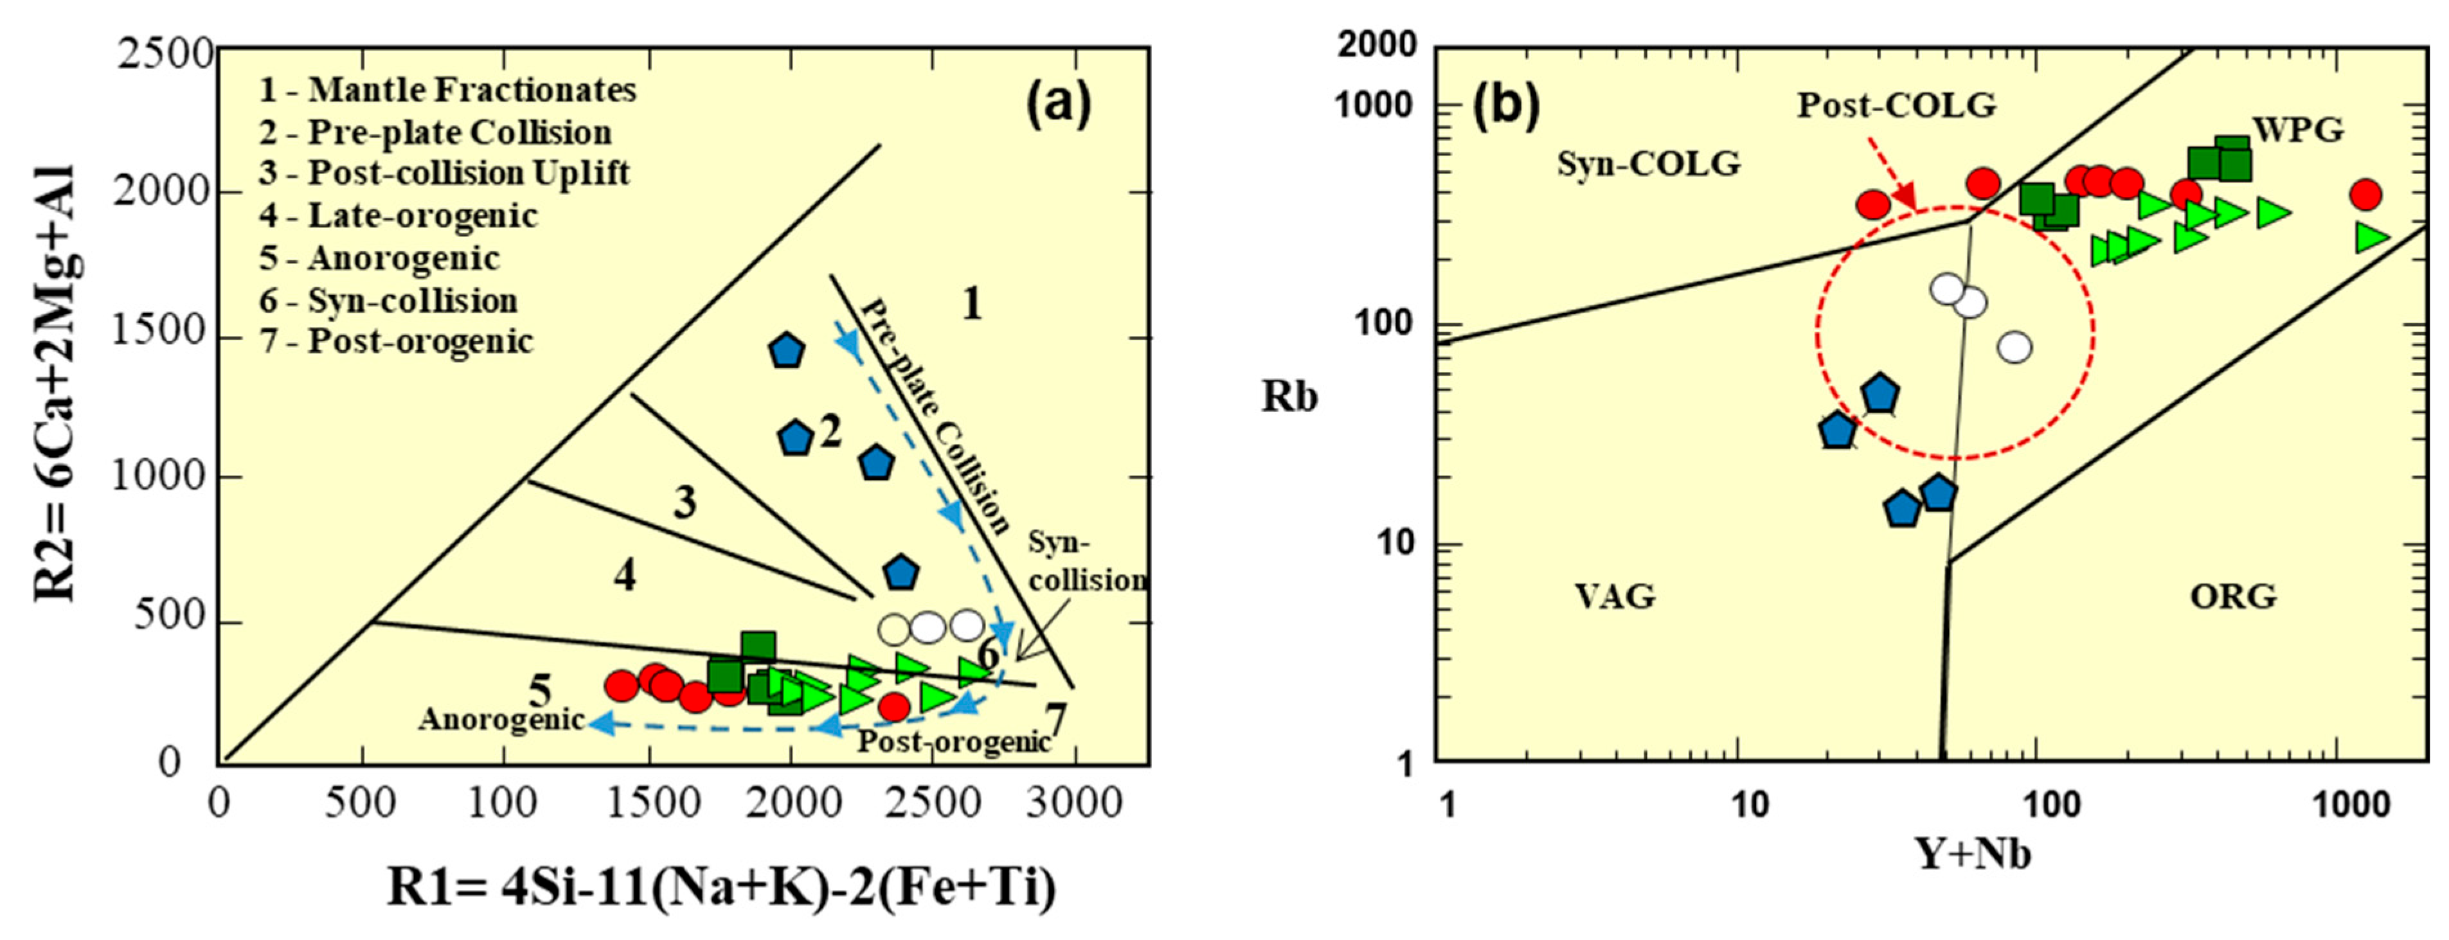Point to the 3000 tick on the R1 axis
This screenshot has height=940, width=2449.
1075,804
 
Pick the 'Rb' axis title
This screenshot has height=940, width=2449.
1289,397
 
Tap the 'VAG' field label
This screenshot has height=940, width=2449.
1614,597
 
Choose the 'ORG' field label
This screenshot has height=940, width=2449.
2233,597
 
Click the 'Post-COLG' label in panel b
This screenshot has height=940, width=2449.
1896,105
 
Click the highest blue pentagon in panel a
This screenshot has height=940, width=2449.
786,351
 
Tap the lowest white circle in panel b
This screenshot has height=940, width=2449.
2014,348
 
